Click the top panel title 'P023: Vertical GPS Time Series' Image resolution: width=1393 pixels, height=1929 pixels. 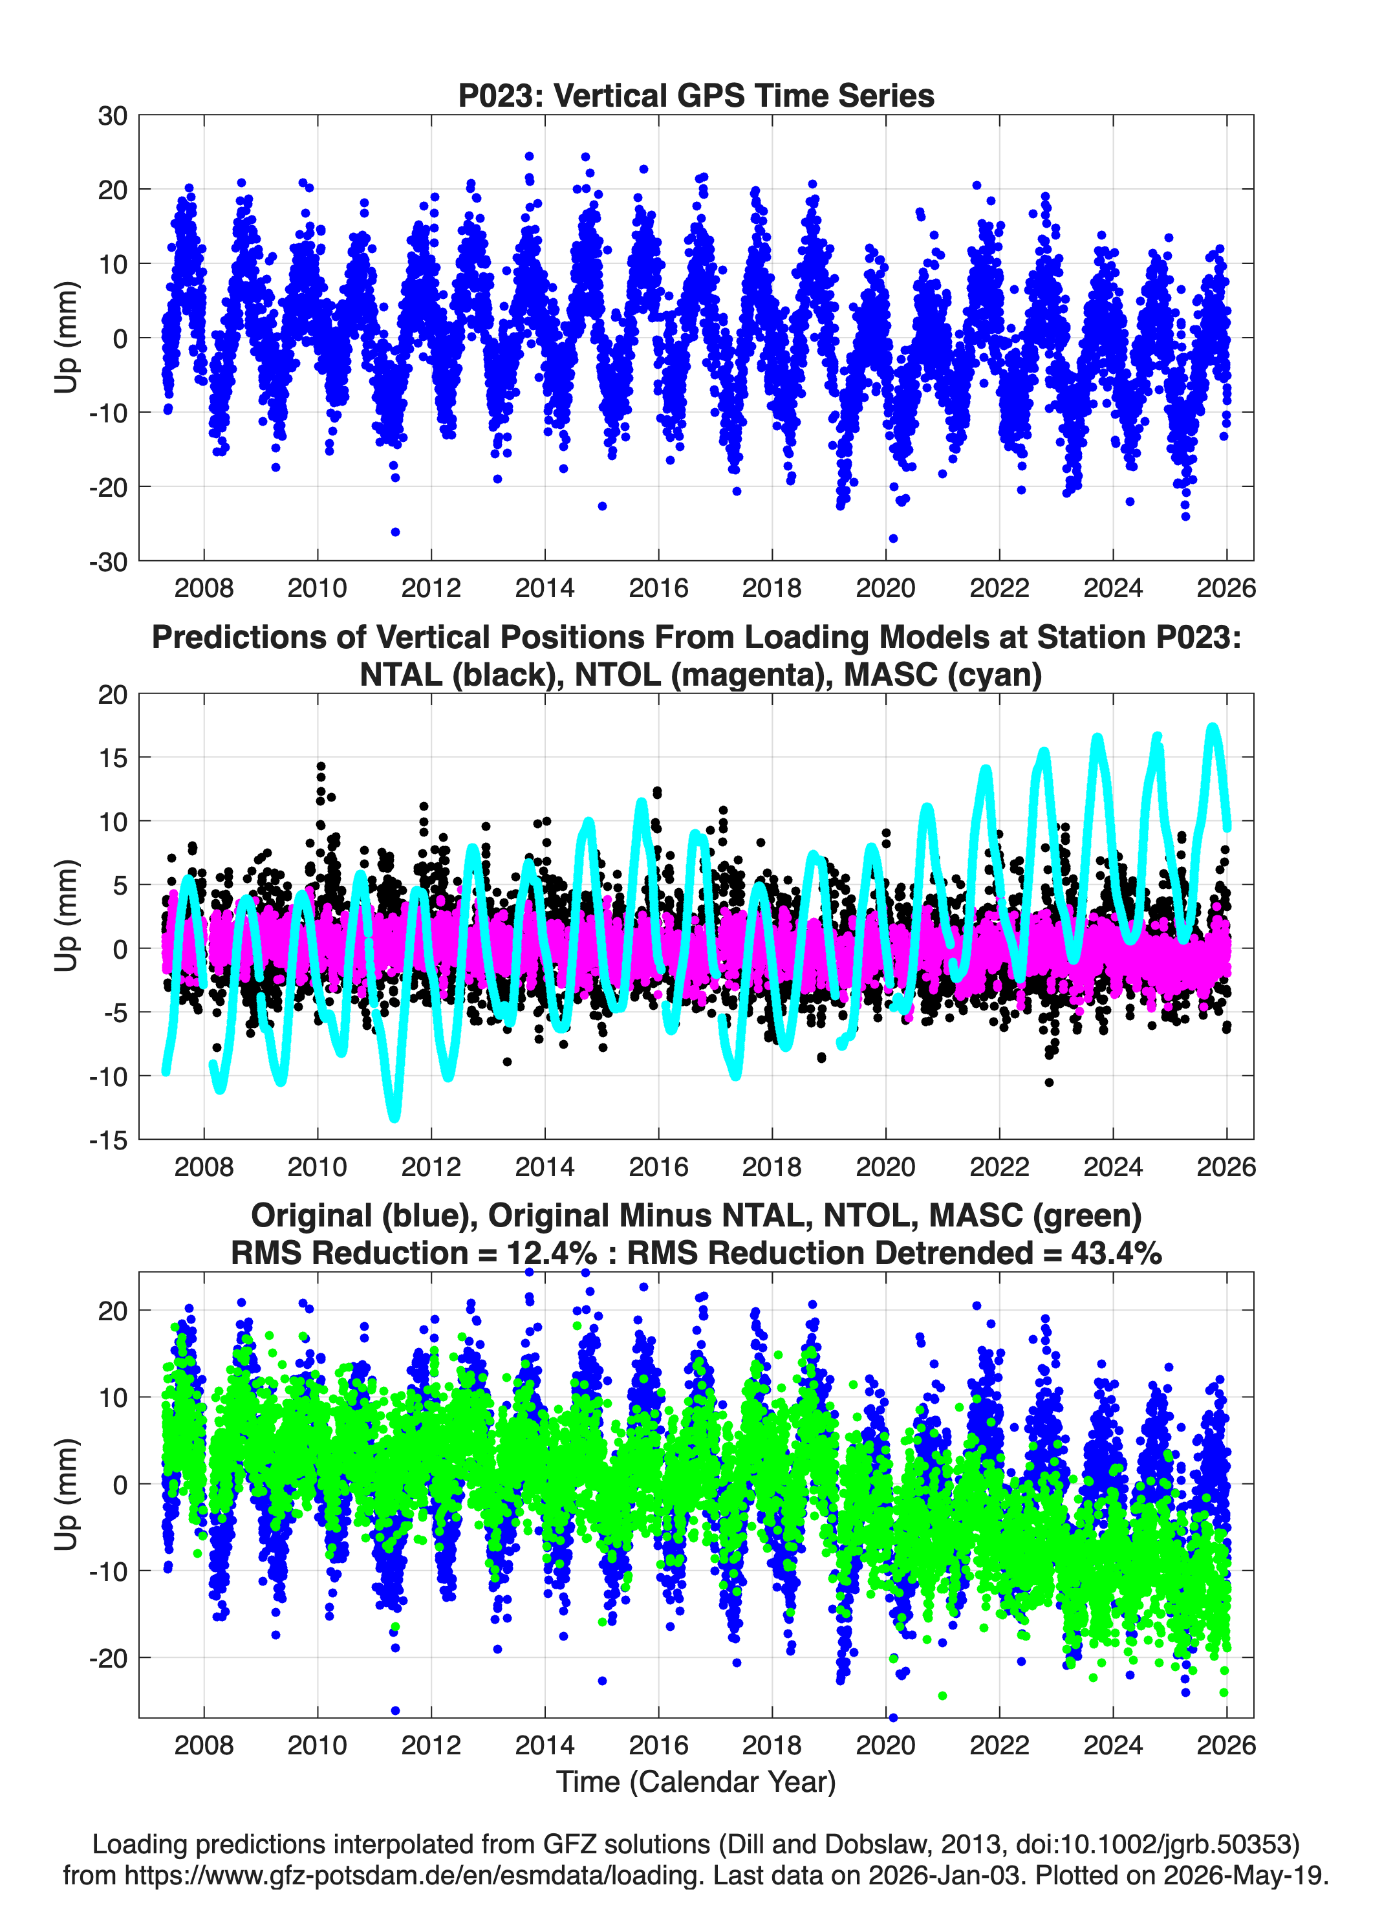pyautogui.click(x=696, y=95)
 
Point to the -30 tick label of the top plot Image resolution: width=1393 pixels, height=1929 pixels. pyautogui.click(x=108, y=561)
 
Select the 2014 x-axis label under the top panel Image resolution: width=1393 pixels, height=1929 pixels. pyautogui.click(x=545, y=588)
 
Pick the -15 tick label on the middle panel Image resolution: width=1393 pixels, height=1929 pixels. pyautogui.click(x=108, y=1140)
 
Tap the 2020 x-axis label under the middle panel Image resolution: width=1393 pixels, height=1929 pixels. pyautogui.click(x=885, y=1166)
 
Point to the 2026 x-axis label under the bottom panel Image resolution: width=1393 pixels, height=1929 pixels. pyautogui.click(x=1226, y=1745)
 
